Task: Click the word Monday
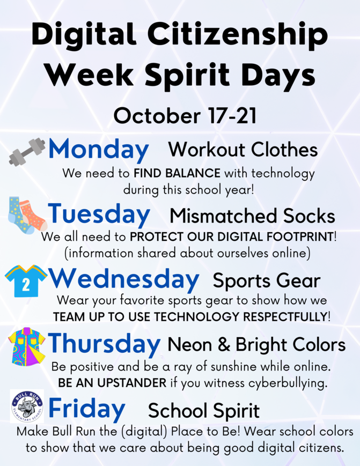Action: (x=99, y=150)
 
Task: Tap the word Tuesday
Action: (x=99, y=214)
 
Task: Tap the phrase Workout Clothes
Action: (x=243, y=150)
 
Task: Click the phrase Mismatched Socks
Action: (x=252, y=216)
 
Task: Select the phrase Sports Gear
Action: (x=266, y=280)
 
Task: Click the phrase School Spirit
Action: (x=203, y=411)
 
